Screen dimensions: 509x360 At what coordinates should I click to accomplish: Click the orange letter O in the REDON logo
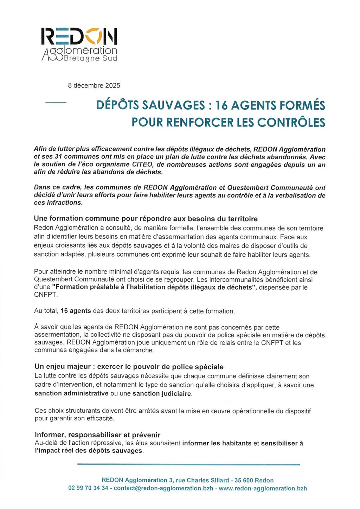(x=93, y=36)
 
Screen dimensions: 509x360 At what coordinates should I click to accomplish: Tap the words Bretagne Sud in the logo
(x=91, y=58)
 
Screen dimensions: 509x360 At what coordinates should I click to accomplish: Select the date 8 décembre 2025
(x=94, y=85)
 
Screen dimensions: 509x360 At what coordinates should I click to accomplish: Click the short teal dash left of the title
(x=56, y=102)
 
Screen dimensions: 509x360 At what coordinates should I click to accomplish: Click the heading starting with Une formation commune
(x=146, y=219)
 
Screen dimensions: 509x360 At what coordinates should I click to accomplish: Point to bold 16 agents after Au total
(x=76, y=311)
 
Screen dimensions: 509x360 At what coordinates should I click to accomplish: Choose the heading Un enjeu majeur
(x=129, y=367)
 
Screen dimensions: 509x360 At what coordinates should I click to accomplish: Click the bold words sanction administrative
(x=71, y=393)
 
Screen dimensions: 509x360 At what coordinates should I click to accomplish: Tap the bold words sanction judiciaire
(x=162, y=394)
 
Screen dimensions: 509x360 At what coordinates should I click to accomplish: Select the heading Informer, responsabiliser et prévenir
(x=97, y=435)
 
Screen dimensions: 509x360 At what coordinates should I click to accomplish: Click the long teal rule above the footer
(x=188, y=465)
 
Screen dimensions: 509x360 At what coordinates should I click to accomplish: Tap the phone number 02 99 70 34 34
(x=88, y=488)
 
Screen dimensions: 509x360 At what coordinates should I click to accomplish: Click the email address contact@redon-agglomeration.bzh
(x=163, y=488)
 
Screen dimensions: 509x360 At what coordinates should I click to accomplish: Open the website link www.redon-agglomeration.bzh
(x=263, y=488)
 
